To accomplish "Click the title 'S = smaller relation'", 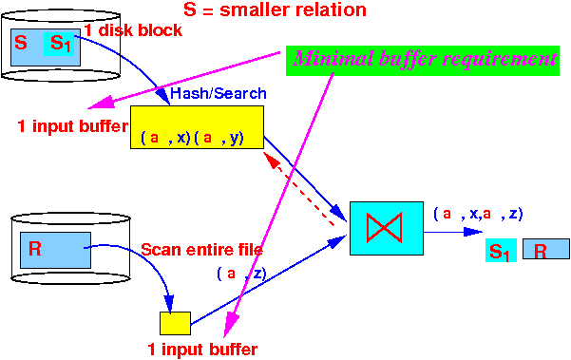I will click(286, 10).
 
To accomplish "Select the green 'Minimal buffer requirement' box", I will click(424, 58).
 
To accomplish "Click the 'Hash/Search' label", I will click(218, 93).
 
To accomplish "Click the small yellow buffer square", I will click(175, 322).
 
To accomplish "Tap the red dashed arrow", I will click(304, 189).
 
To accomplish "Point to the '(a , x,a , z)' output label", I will click(478, 214).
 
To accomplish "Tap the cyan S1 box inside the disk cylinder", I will click(60, 43).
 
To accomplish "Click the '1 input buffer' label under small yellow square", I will click(202, 349).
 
